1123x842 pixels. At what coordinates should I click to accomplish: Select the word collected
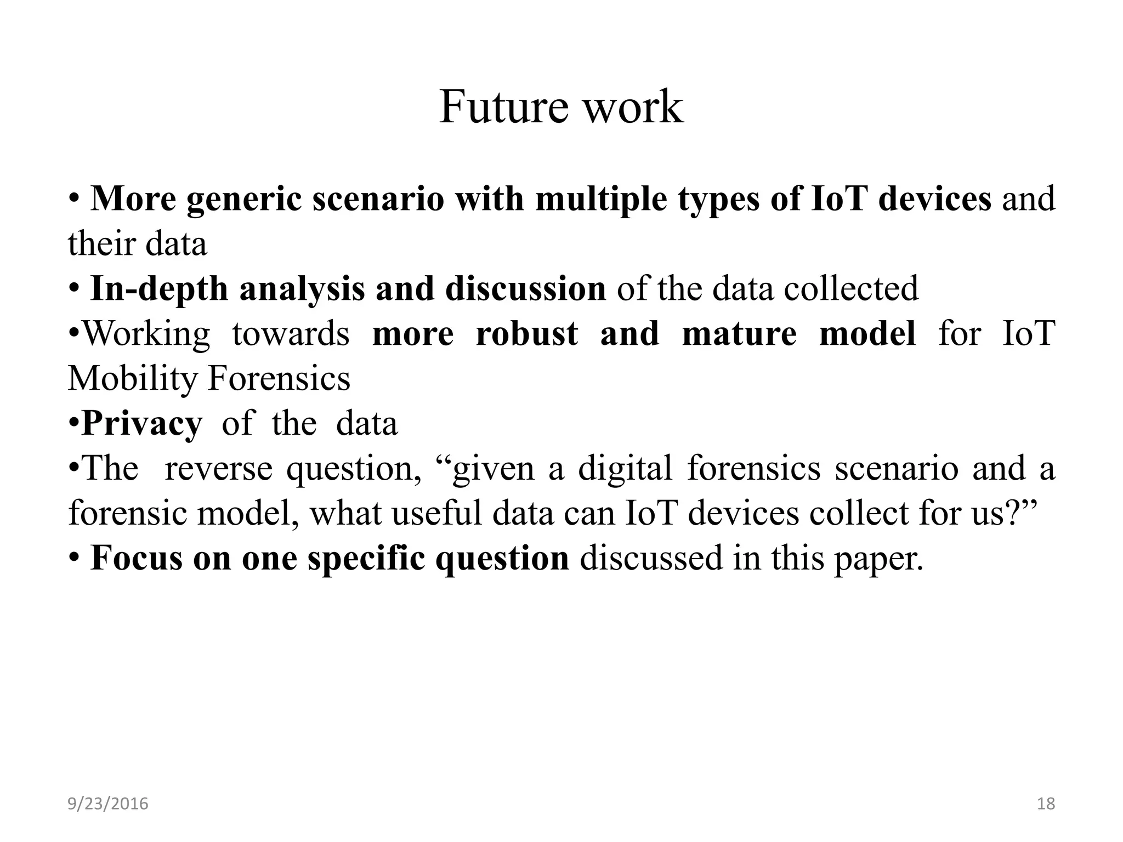[x=851, y=289]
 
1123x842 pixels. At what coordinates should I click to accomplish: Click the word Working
[x=146, y=333]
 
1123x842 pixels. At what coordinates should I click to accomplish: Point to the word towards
[x=291, y=333]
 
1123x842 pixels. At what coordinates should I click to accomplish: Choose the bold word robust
[x=527, y=333]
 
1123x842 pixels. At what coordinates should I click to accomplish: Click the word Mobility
[x=132, y=378]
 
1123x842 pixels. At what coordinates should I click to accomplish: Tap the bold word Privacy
[x=141, y=424]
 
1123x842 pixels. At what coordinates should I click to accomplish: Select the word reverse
[x=218, y=469]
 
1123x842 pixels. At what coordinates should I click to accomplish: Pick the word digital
[x=625, y=469]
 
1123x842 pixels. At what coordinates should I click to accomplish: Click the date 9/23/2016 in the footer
[x=108, y=804]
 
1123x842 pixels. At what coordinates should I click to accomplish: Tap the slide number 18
[x=1046, y=804]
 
